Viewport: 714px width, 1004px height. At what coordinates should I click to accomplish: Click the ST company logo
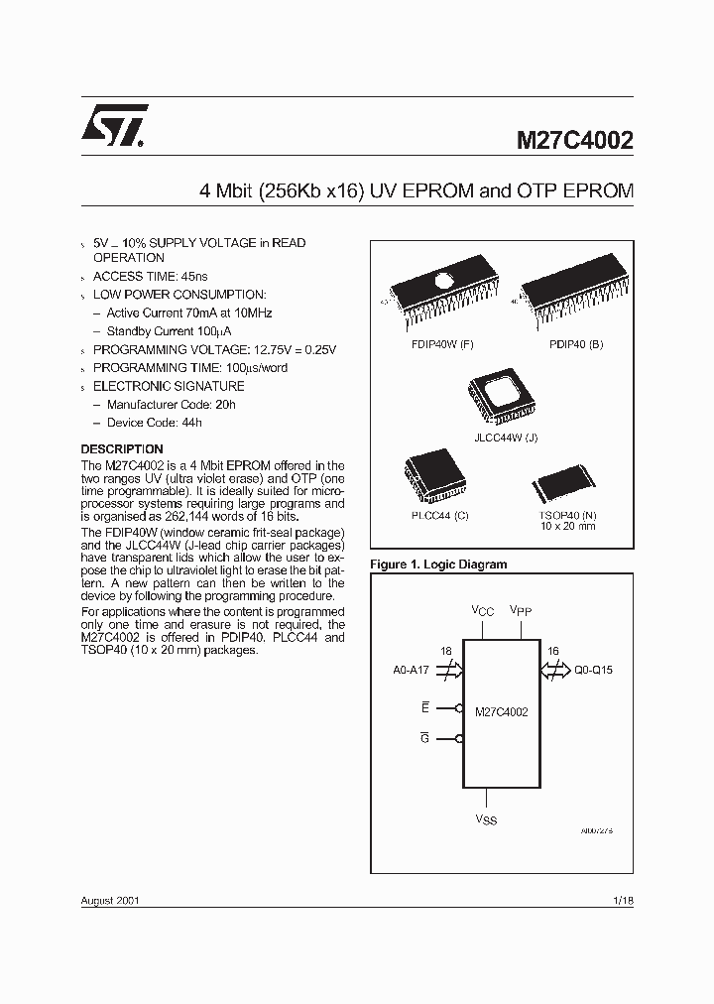(115, 127)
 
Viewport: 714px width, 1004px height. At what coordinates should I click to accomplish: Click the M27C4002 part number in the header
(574, 140)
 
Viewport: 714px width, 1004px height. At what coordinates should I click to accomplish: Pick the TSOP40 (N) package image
(562, 485)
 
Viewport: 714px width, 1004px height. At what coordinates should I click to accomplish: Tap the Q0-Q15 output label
(593, 670)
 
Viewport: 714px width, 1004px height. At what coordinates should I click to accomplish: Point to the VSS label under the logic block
(486, 819)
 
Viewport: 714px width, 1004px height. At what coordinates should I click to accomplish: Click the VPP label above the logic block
(521, 611)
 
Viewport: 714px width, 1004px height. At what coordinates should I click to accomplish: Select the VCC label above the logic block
(482, 611)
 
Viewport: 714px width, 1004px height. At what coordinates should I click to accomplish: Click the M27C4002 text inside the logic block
(502, 711)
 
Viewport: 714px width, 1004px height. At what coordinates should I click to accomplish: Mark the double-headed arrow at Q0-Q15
(552, 670)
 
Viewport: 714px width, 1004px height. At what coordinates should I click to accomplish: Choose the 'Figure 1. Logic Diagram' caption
(437, 565)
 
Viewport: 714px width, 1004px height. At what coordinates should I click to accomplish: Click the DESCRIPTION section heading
(122, 449)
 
